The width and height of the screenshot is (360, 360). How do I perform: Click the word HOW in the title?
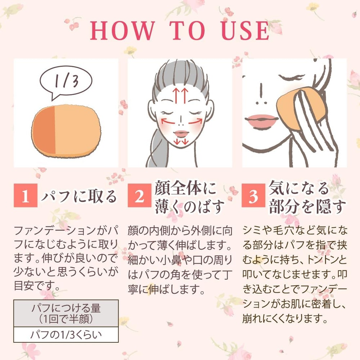tap(122, 31)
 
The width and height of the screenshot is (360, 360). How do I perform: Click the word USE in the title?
tap(245, 31)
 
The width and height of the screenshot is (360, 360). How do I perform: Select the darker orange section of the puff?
tap(44, 130)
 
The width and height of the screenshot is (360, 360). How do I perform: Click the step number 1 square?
tap(26, 195)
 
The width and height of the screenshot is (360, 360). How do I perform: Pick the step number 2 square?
tap(139, 195)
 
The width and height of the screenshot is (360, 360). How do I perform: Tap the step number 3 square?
tap(253, 195)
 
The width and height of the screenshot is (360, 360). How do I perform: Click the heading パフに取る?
tap(79, 196)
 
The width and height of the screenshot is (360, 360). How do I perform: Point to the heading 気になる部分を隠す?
tap(307, 197)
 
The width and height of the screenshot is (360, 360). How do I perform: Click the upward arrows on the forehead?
tap(180, 95)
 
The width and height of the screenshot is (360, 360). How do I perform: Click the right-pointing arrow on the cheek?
tap(195, 121)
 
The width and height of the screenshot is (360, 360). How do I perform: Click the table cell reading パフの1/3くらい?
tap(66, 335)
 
